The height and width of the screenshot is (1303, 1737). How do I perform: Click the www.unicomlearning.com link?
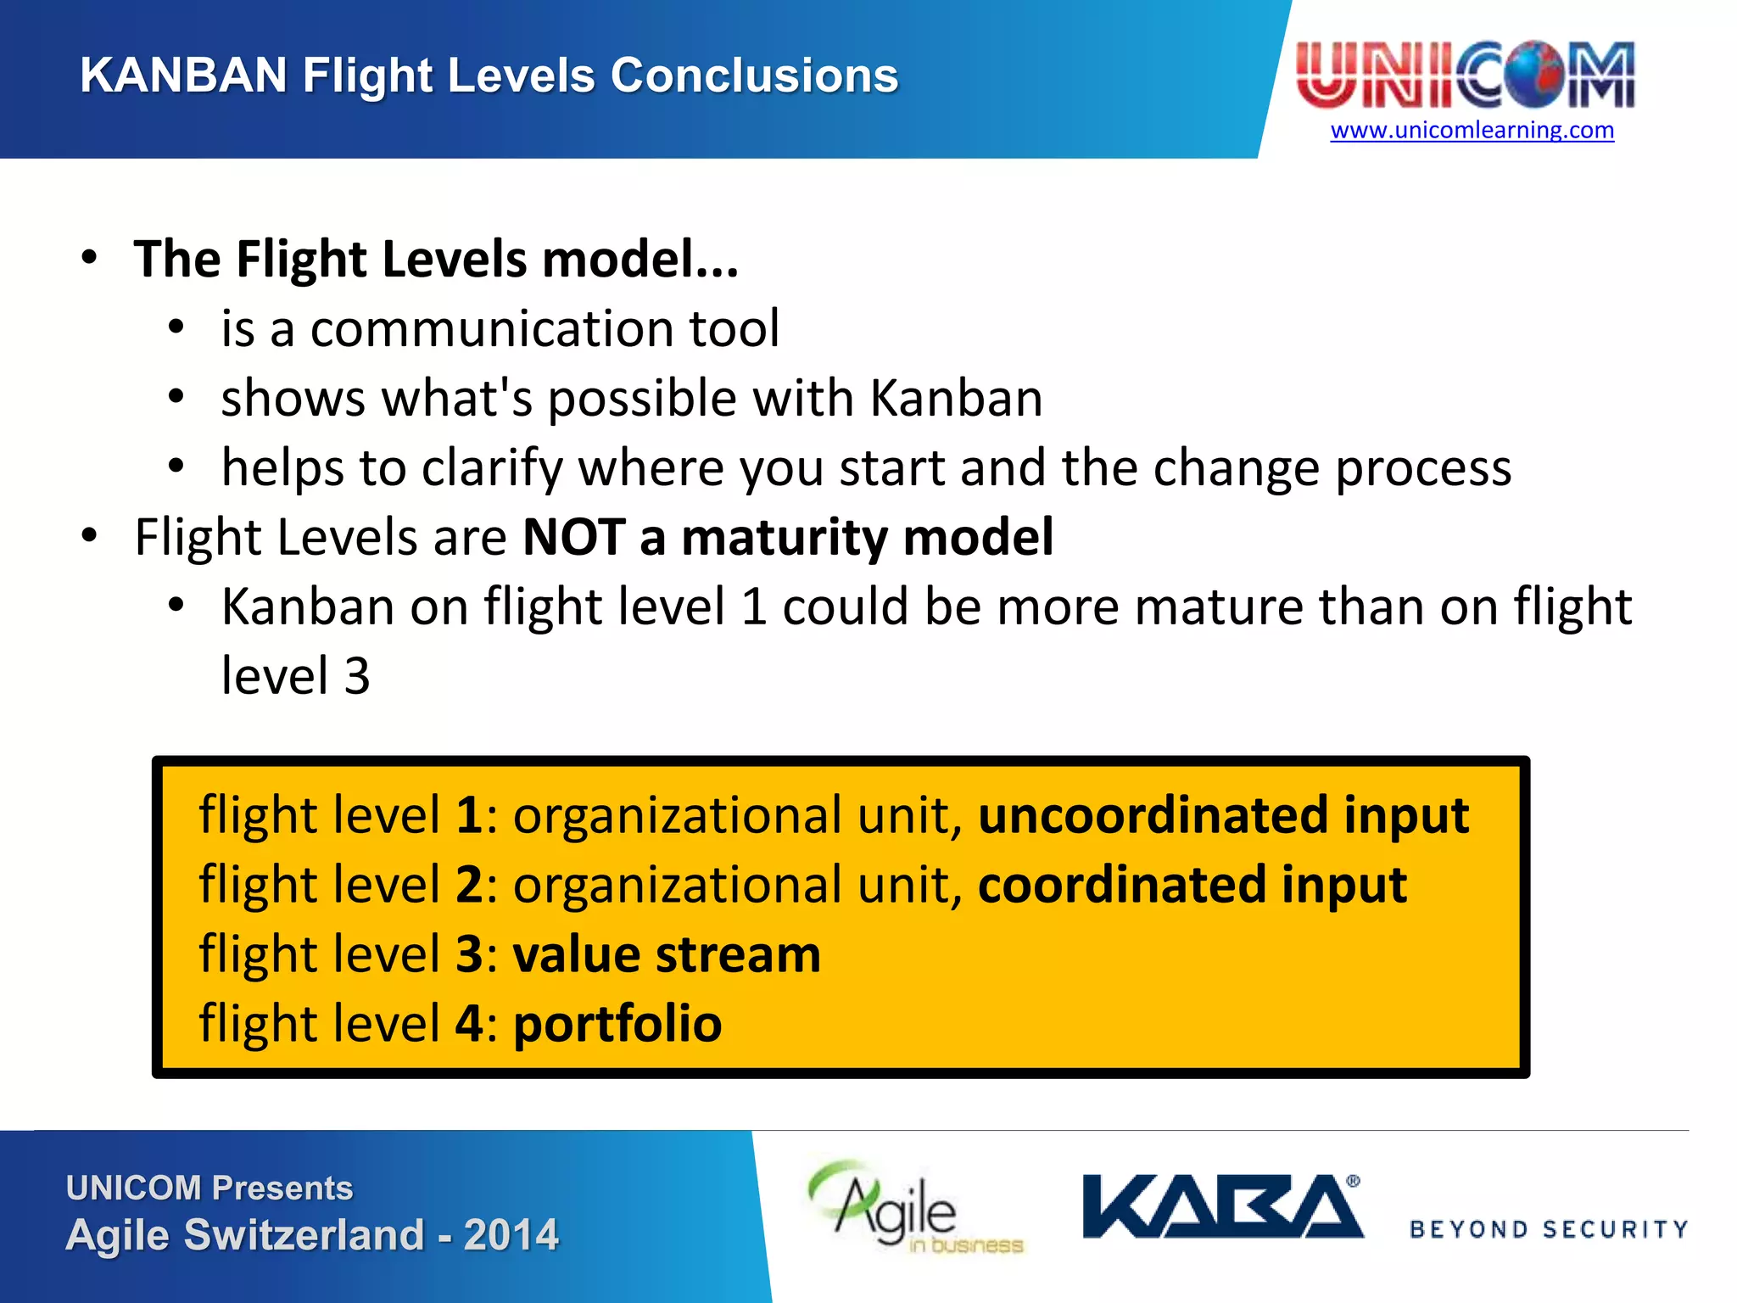pyautogui.click(x=1472, y=130)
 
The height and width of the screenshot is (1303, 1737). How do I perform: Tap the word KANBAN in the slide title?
pyautogui.click(x=183, y=75)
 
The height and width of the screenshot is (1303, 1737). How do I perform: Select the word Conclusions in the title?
pyautogui.click(x=754, y=75)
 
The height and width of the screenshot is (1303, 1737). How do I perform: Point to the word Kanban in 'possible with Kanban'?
pyautogui.click(x=956, y=399)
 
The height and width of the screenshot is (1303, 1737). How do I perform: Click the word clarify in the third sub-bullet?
pyautogui.click(x=492, y=468)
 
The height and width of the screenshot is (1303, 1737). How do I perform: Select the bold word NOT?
pyautogui.click(x=574, y=538)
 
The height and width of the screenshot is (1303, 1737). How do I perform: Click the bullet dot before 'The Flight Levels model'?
pyautogui.click(x=90, y=258)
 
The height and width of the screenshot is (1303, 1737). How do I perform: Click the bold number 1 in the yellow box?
pyautogui.click(x=469, y=816)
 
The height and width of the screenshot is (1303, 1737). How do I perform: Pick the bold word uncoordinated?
pyautogui.click(x=1153, y=816)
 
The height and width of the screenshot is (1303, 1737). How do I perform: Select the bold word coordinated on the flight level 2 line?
pyautogui.click(x=1121, y=886)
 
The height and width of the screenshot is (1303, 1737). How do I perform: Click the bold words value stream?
pyautogui.click(x=667, y=955)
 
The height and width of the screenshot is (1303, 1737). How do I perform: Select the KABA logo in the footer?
pyautogui.click(x=1221, y=1206)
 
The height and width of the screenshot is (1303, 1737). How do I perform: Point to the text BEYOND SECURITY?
pyautogui.click(x=1549, y=1229)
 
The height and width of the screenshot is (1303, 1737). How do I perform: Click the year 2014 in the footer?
pyautogui.click(x=511, y=1235)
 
